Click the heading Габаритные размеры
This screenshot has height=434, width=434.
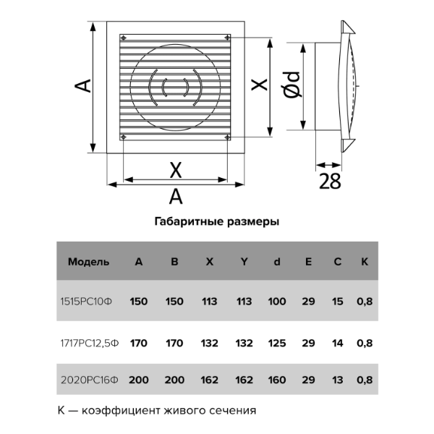216,222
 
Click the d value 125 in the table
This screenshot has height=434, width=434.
277,342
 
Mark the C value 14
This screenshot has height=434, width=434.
337,342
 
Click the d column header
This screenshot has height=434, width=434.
277,262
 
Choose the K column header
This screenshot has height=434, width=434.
365,262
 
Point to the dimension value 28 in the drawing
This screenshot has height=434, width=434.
329,182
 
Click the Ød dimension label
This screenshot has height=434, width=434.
292,86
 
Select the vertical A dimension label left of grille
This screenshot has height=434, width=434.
83,85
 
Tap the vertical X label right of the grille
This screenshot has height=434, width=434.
258,85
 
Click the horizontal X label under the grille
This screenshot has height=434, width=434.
175,170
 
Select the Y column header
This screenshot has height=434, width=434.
244,262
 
